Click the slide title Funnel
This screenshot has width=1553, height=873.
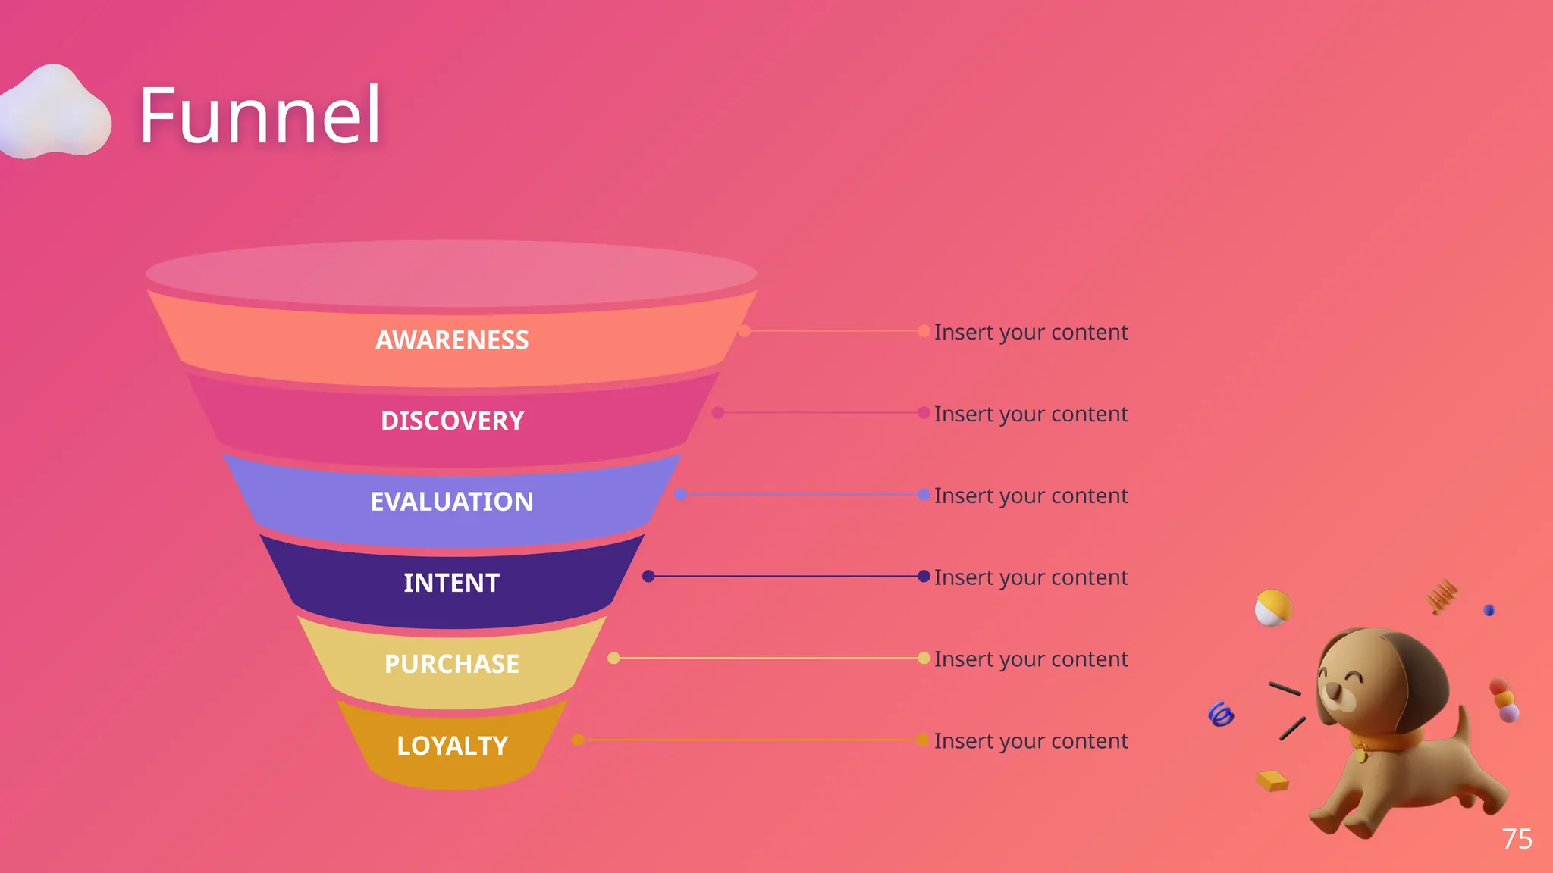pyautogui.click(x=259, y=115)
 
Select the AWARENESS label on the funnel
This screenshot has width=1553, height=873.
pyautogui.click(x=452, y=339)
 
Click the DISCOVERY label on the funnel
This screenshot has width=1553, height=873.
pyautogui.click(x=452, y=421)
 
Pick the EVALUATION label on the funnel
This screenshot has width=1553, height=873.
pyautogui.click(x=452, y=501)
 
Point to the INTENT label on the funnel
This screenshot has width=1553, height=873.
pyautogui.click(x=452, y=582)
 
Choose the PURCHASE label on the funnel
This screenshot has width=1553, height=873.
pyautogui.click(x=452, y=663)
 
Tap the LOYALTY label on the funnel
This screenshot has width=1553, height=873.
pyautogui.click(x=452, y=745)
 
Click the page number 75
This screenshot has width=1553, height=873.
pyautogui.click(x=1517, y=839)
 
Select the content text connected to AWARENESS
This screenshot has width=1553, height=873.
pyautogui.click(x=1031, y=332)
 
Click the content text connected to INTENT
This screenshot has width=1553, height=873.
pyautogui.click(x=1031, y=577)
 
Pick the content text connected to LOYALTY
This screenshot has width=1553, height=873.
pyautogui.click(x=1031, y=740)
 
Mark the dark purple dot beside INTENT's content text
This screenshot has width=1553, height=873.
pyautogui.click(x=924, y=576)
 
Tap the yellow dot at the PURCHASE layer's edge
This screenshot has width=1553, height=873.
pyautogui.click(x=613, y=658)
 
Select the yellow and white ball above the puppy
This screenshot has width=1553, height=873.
pyautogui.click(x=1272, y=608)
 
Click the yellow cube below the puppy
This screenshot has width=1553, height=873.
pyautogui.click(x=1272, y=780)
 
